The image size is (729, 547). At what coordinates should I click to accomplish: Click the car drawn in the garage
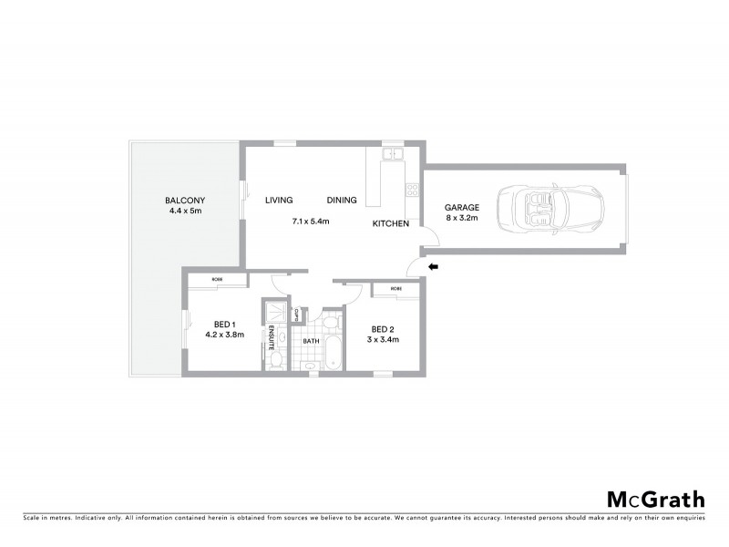(x=549, y=209)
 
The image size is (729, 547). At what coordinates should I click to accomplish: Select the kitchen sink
(x=393, y=154)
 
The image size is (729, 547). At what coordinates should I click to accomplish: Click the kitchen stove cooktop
(x=412, y=191)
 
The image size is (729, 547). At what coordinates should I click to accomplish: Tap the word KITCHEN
(x=389, y=223)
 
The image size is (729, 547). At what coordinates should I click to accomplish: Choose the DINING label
(x=342, y=201)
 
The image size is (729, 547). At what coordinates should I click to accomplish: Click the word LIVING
(x=278, y=201)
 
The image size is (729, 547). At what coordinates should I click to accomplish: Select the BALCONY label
(x=185, y=201)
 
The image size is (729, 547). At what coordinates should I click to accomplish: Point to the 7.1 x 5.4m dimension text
(x=310, y=222)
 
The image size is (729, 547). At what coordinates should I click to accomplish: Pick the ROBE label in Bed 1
(x=217, y=279)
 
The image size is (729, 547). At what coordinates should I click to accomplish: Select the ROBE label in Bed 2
(x=396, y=289)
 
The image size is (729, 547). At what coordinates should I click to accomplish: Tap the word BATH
(x=311, y=341)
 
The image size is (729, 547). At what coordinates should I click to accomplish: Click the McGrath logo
(x=655, y=499)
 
